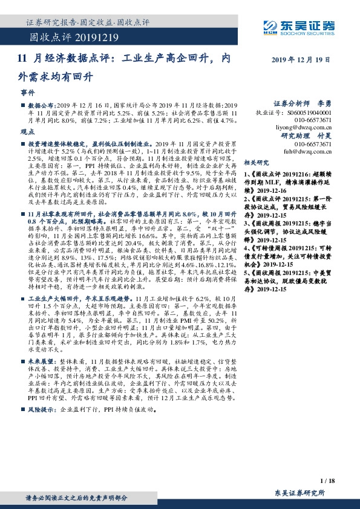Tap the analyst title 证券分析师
point(292,103)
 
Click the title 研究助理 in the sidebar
point(296,136)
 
